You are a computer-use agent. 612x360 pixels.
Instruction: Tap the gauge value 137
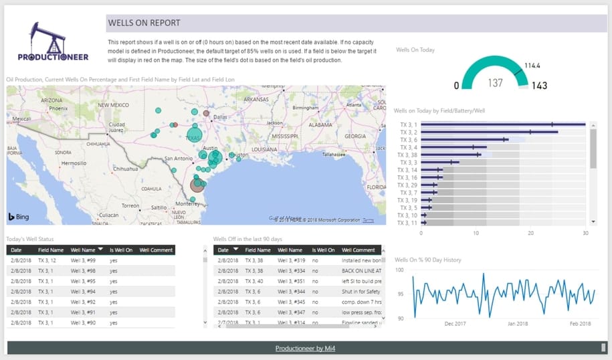click(x=496, y=83)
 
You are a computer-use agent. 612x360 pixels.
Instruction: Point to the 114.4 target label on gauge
click(x=532, y=66)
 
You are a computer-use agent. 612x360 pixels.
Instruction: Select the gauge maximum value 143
click(x=538, y=85)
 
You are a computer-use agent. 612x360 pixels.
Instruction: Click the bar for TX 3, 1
click(x=502, y=124)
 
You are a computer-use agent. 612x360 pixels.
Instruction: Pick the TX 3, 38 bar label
click(x=407, y=155)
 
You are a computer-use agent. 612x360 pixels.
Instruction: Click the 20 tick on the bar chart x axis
click(x=530, y=234)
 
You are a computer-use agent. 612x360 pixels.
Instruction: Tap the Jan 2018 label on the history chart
click(x=518, y=324)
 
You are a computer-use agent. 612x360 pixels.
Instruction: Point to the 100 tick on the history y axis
click(x=399, y=270)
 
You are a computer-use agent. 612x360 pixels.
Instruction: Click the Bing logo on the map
click(x=19, y=217)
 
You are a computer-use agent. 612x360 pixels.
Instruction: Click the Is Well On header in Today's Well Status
click(x=120, y=250)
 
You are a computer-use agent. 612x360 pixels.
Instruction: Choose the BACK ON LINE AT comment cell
click(x=361, y=271)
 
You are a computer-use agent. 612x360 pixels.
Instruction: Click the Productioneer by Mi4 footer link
click(x=306, y=348)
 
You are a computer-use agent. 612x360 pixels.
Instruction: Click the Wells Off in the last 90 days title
click(x=248, y=238)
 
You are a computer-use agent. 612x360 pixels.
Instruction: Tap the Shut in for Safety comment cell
click(x=361, y=292)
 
